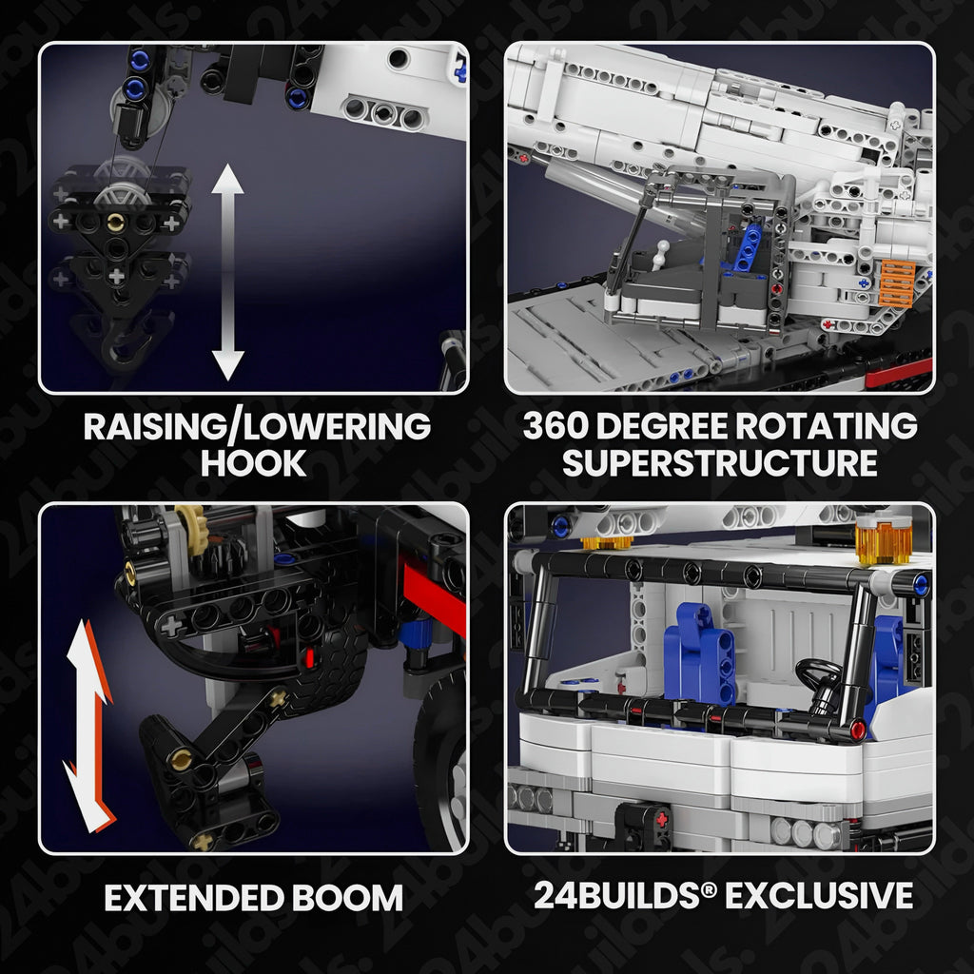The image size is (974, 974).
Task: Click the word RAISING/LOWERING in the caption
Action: point(257,427)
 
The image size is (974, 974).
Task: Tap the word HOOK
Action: point(253,463)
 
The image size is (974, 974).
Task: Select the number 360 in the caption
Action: point(555,426)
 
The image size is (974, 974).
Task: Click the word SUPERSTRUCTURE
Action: point(719,463)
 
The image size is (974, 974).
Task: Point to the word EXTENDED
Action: point(193,898)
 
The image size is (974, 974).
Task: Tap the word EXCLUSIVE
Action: point(819,896)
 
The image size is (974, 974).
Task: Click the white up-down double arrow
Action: point(228,272)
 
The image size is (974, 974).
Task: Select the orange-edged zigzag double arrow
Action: point(89,726)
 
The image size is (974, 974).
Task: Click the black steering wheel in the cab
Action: point(819,678)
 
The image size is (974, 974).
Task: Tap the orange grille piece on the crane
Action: point(897,284)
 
